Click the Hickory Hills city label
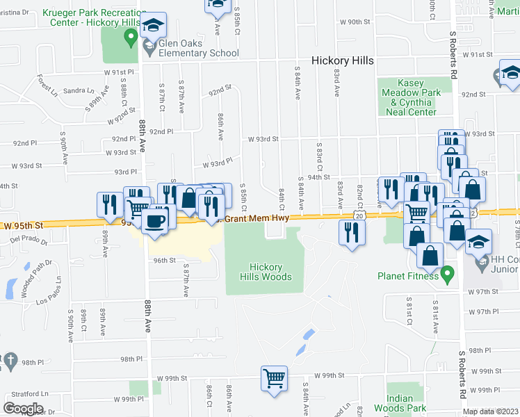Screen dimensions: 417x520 click(342, 60)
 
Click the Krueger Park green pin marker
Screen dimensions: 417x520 click(129, 38)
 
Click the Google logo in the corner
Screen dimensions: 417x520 click(24, 409)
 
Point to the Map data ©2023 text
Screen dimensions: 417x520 click(490, 411)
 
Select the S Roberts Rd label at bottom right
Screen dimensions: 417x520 click(462, 379)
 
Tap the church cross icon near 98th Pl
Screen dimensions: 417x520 click(10, 360)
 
